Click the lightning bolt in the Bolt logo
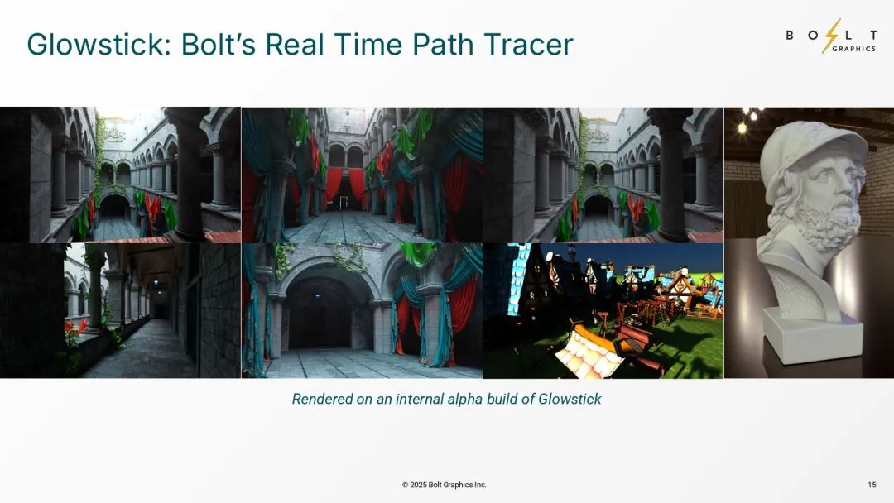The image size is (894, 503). pyautogui.click(x=832, y=36)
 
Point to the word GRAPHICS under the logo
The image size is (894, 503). pyautogui.click(x=854, y=49)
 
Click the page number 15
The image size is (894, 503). pyautogui.click(x=872, y=485)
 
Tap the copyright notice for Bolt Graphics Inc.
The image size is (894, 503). pyautogui.click(x=445, y=485)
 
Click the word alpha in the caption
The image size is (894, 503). pyautogui.click(x=462, y=399)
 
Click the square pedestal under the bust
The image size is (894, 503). pyautogui.click(x=814, y=335)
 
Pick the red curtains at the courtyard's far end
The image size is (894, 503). pyautogui.click(x=345, y=185)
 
